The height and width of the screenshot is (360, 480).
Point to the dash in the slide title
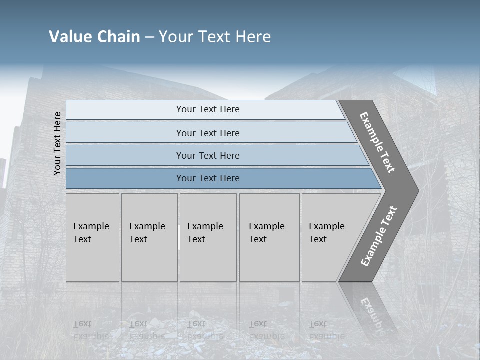(x=149, y=37)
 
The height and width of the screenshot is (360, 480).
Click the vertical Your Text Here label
(x=57, y=143)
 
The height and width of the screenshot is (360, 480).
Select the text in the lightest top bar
(x=208, y=109)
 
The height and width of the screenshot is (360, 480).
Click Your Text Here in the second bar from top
(x=208, y=133)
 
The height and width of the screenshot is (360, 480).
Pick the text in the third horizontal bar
(x=208, y=155)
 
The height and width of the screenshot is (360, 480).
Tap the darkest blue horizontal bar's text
(x=208, y=178)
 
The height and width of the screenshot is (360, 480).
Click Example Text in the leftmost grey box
(x=91, y=233)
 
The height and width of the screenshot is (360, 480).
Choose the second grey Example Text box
(x=147, y=233)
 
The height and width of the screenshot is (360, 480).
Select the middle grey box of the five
(x=205, y=233)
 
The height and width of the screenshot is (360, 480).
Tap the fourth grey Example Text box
(x=267, y=233)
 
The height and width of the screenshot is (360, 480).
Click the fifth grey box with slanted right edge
(x=327, y=233)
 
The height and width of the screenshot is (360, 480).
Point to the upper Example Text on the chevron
(x=377, y=142)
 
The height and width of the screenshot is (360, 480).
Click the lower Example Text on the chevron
(x=379, y=236)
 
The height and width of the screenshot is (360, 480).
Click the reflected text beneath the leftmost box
(x=91, y=330)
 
